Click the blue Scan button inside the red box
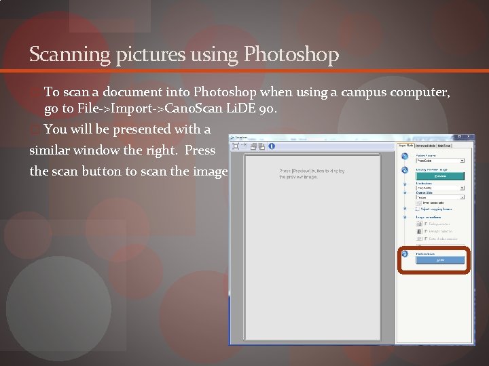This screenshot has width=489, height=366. coord(439,260)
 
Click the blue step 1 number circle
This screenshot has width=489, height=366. coord(405,156)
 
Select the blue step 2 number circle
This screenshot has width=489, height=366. coord(405,169)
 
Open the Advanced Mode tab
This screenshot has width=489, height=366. coord(425,145)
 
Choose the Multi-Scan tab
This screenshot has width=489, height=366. coord(444,145)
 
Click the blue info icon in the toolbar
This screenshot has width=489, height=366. coord(272,146)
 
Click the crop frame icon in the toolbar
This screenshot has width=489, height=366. coord(235,146)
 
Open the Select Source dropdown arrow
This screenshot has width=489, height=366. coord(462,161)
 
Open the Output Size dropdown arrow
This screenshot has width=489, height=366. coord(462,197)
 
